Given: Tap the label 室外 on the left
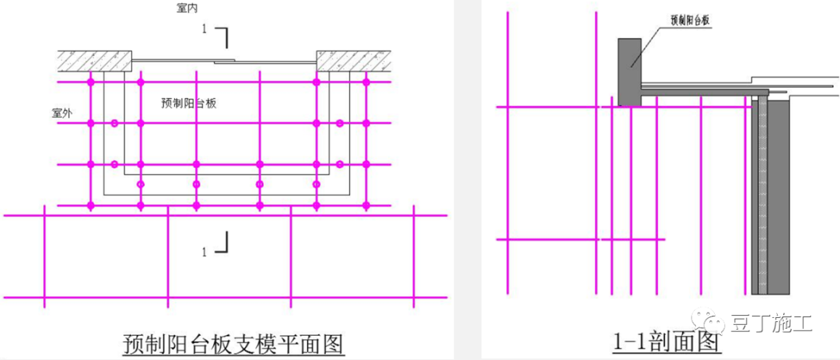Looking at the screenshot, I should point(62,113).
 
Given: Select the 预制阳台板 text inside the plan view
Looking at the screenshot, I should point(188,103).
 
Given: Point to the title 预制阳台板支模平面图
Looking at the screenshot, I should point(233,342).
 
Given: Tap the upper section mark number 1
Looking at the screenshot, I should point(204,29).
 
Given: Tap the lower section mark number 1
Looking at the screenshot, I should point(205,252).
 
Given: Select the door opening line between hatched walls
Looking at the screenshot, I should point(226,59).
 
